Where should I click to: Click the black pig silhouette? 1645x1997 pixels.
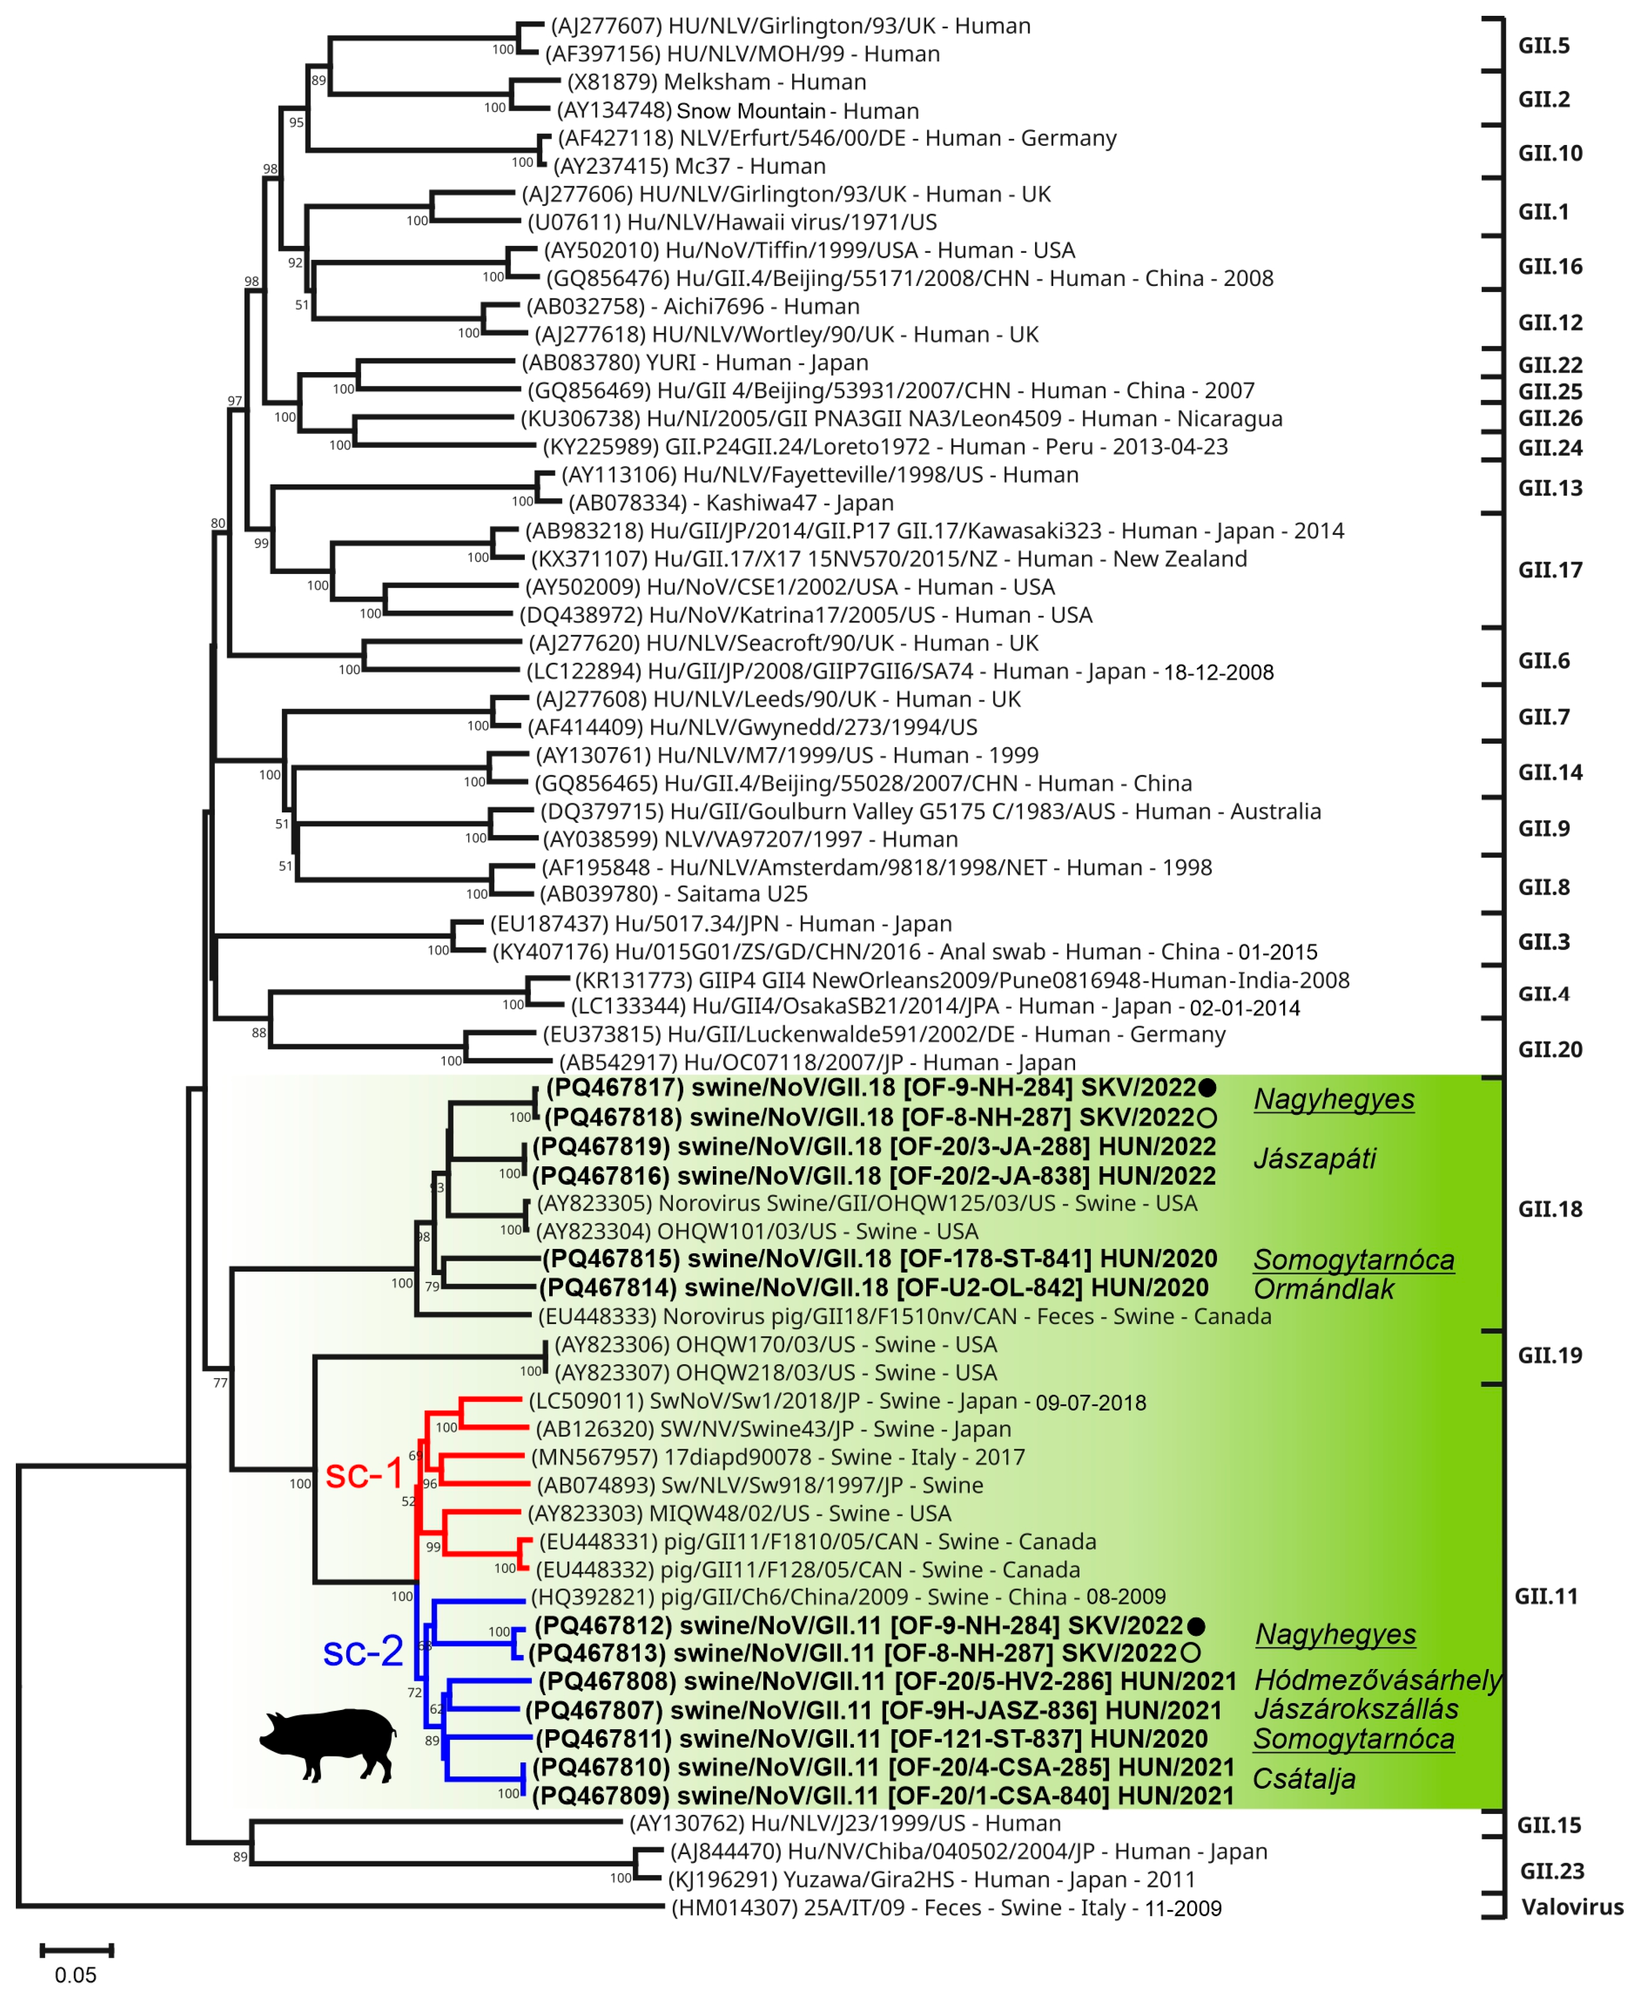coord(328,1744)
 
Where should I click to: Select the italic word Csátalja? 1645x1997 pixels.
coord(1303,1779)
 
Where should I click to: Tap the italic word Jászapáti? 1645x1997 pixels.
coord(1315,1158)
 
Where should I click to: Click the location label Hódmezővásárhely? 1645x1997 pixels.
coord(1377,1680)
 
